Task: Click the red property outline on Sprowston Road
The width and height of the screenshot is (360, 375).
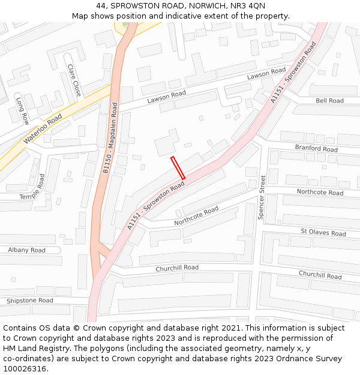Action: click(x=178, y=168)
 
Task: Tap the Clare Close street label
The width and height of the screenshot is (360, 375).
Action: click(x=74, y=80)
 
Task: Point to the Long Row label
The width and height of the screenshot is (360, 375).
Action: click(x=22, y=110)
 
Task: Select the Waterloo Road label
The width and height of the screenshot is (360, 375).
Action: click(x=43, y=129)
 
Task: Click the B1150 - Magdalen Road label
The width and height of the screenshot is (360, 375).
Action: click(x=110, y=139)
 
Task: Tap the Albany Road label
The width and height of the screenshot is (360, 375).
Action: click(x=26, y=250)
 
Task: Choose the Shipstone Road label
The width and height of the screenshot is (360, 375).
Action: click(x=30, y=300)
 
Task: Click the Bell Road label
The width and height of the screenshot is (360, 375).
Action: click(x=329, y=101)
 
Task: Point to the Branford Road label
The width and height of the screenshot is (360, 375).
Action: click(x=316, y=148)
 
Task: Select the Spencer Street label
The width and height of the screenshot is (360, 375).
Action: click(x=262, y=197)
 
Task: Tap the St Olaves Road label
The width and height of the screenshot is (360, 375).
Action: click(x=323, y=233)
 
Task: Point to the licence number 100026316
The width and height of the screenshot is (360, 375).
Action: click(x=25, y=369)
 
